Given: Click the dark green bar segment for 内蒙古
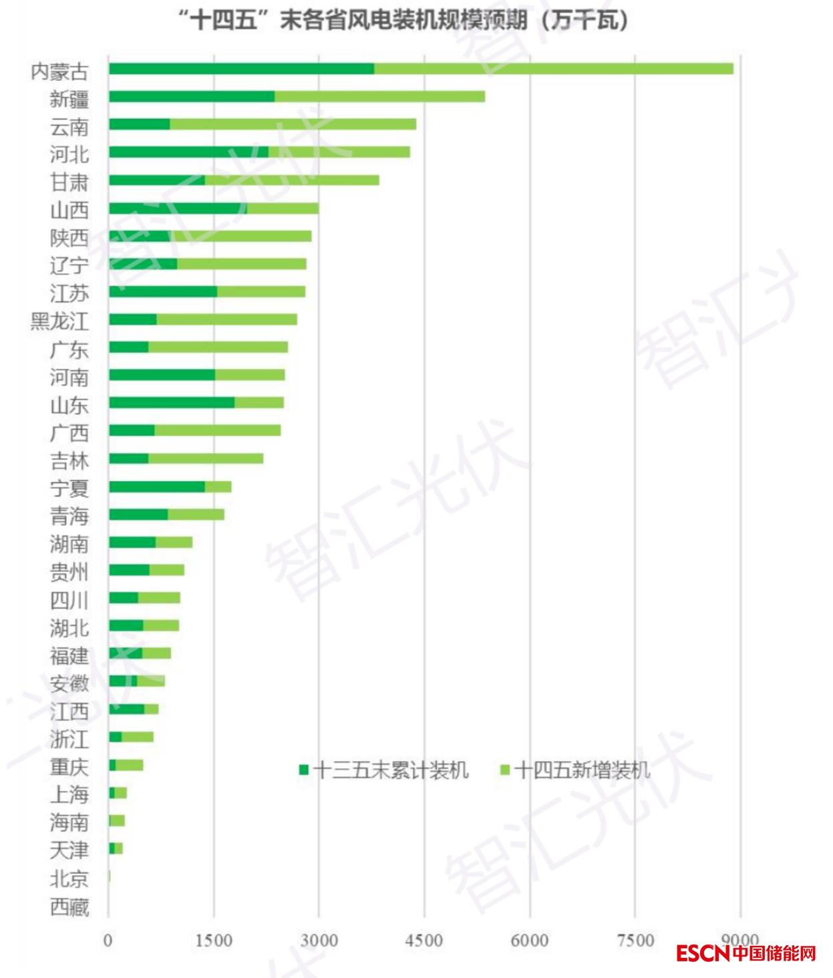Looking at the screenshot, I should pos(241,69).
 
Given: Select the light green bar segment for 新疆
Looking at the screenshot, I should pos(379,97).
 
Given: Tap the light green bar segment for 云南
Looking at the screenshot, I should pos(293,124).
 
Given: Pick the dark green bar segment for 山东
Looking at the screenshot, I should pos(172,402).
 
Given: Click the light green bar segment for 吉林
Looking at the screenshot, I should pos(206,458).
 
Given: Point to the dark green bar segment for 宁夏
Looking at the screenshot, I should pos(157,486).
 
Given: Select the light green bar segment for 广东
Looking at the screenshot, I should pos(218,347).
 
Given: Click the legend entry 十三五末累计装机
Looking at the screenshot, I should pos(384,770).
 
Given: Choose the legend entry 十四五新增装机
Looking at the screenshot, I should pos(575,770).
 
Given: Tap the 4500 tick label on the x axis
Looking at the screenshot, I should pos(424,941).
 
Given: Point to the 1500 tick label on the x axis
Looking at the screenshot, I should pos(214,941).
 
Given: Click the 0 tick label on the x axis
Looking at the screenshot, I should pos(108,941).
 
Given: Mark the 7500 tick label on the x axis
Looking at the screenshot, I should pos(635,941).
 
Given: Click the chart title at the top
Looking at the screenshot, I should pos(403,20).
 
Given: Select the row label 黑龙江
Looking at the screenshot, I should pos(59,321).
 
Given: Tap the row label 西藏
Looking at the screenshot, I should pos(69,907).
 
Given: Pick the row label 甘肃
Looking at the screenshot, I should pos(69,182).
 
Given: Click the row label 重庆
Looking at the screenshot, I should pos(69,767).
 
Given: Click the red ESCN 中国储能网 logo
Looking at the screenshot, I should pos(745,953).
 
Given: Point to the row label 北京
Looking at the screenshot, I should pos(69,878).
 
